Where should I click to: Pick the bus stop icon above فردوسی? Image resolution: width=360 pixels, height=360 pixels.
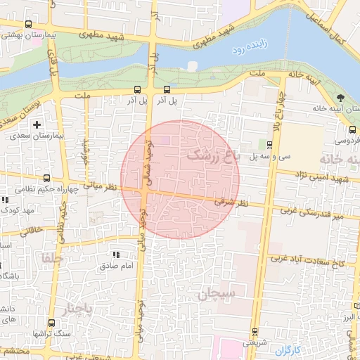pos(352,129)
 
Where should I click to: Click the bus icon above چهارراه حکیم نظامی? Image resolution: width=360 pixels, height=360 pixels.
pos(47,179)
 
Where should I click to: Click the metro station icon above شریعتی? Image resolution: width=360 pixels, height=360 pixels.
pos(254,333)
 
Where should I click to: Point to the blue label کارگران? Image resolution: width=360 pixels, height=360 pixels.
pos(288,350)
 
